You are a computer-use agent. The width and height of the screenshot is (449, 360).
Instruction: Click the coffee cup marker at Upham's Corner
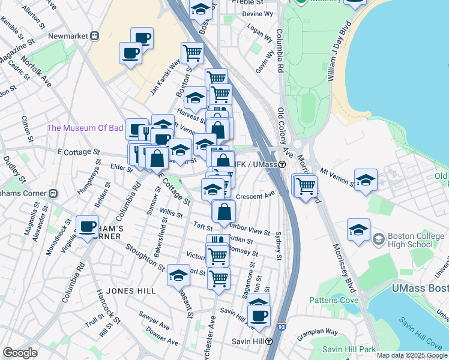(88, 226)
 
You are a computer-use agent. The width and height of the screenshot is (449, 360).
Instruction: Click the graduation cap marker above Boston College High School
(358, 230)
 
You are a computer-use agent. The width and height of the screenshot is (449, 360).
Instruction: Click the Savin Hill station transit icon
(270, 341)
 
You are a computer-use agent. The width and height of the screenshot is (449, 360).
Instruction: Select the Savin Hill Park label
(348, 349)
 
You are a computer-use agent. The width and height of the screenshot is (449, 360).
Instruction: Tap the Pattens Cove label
(334, 300)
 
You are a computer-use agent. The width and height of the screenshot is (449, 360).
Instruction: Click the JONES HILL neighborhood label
(130, 291)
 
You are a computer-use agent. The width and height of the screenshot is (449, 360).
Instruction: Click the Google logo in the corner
(20, 353)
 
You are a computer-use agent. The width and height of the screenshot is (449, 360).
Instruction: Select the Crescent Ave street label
(255, 195)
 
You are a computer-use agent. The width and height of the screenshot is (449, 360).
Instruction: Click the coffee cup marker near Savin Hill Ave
(259, 316)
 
